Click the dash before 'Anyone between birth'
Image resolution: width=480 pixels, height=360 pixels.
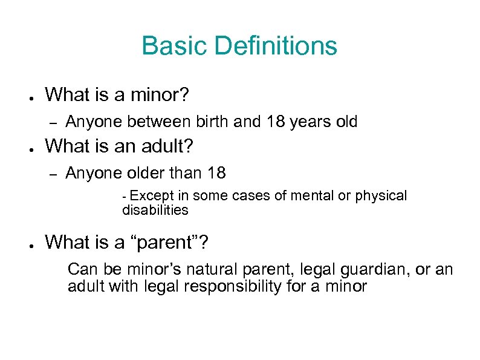(53, 122)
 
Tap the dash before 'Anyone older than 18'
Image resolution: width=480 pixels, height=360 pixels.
(53, 174)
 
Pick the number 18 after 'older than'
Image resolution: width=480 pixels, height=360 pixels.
(216, 173)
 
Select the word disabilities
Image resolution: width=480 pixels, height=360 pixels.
(155, 211)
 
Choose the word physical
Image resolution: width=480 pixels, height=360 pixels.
(383, 197)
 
